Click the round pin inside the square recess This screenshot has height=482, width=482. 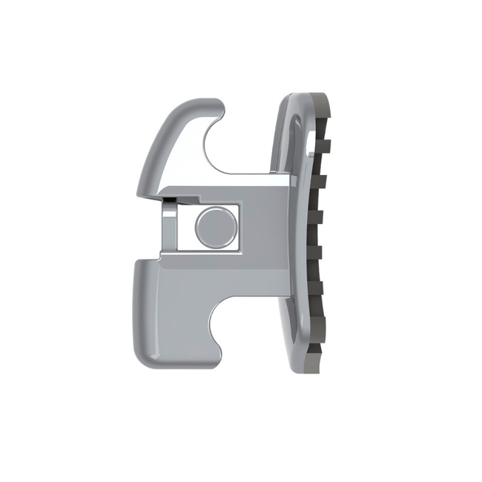pos(214,227)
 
